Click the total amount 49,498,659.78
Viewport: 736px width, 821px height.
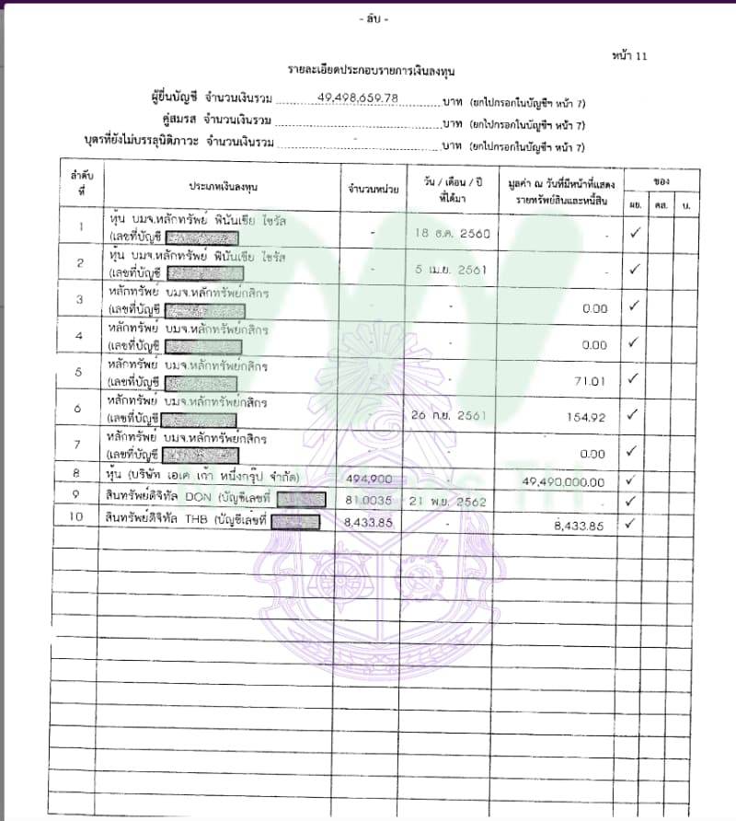(358, 97)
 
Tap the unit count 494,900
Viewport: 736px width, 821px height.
(367, 480)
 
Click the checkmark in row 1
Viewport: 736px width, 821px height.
(634, 233)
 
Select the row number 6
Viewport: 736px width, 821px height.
(80, 409)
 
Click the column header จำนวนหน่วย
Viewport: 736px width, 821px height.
(373, 188)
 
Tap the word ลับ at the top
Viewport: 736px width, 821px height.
(374, 20)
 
